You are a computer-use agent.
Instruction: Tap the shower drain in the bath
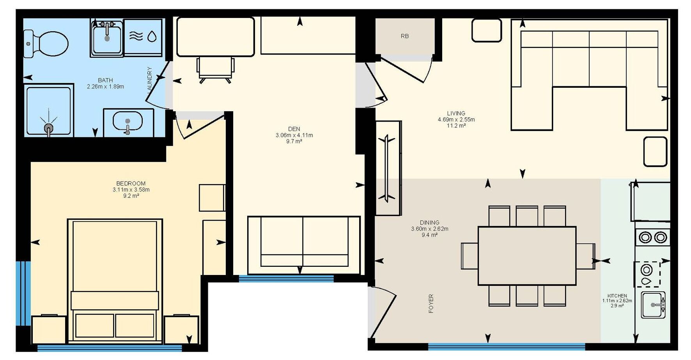(x=48, y=128)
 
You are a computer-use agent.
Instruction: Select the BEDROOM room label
(x=131, y=183)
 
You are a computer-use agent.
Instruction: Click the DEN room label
(x=294, y=129)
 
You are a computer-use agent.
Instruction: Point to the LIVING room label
(x=456, y=113)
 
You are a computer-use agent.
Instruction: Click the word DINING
(x=430, y=222)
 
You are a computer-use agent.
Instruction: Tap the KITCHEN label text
(x=617, y=296)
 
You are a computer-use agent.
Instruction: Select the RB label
(x=405, y=36)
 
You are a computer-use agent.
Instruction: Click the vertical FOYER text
(x=431, y=303)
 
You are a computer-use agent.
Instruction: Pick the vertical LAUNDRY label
(x=149, y=79)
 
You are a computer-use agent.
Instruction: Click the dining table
(x=527, y=256)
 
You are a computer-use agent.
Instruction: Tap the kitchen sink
(x=654, y=305)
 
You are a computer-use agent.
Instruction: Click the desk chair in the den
(x=216, y=70)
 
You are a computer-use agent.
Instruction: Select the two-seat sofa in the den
(x=304, y=245)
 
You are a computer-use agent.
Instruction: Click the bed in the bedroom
(x=115, y=280)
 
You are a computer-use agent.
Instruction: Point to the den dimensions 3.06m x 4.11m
(x=294, y=135)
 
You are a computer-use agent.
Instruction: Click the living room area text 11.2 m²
(x=456, y=126)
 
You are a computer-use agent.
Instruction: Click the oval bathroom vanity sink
(x=128, y=121)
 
